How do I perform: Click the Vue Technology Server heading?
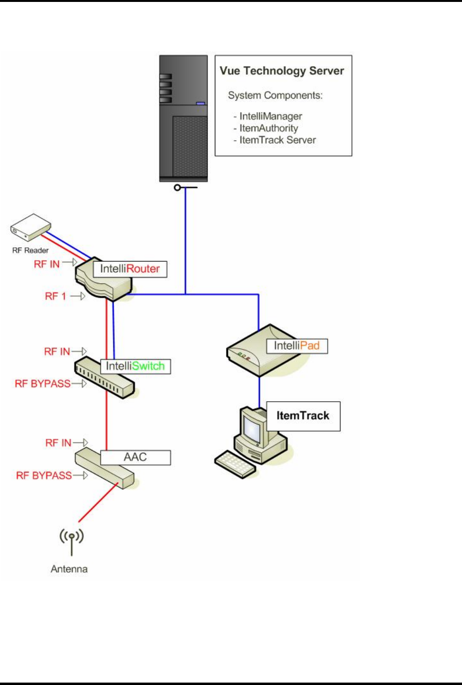282,71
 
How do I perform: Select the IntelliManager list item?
267,116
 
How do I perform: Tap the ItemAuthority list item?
265,128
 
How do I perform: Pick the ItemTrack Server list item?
274,140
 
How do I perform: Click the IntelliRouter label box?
130,269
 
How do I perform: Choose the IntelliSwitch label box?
135,366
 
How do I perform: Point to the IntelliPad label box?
297,346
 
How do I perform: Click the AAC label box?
135,458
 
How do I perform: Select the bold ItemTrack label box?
304,416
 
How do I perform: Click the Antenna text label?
69,569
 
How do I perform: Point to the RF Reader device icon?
30,227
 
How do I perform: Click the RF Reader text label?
30,250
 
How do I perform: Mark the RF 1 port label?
55,296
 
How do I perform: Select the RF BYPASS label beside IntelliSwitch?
42,383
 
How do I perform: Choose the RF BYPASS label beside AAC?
44,475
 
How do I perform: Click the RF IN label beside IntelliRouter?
47,264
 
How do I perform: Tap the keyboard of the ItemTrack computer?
236,464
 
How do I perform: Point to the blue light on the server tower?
200,104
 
